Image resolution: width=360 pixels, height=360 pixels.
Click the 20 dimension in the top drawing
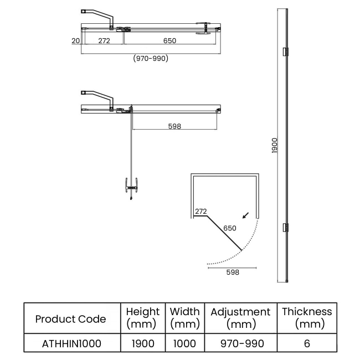[x=75, y=40]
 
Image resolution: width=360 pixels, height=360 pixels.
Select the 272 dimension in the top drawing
[x=104, y=40]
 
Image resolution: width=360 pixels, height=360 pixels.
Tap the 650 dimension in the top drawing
[x=169, y=40]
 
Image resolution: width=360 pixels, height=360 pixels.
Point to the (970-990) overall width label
[x=151, y=58]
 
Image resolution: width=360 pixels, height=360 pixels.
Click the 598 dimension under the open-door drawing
[x=174, y=126]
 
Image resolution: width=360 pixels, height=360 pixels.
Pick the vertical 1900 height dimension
[x=274, y=146]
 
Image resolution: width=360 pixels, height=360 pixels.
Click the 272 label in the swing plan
[x=201, y=211]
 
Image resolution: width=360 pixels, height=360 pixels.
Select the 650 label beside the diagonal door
[x=230, y=228]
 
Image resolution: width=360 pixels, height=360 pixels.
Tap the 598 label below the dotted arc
[x=233, y=272]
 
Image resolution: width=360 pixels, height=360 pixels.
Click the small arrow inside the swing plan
[x=246, y=215]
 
